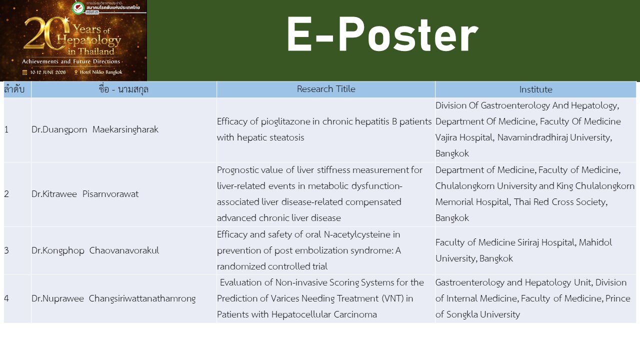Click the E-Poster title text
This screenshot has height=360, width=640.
pos(382,35)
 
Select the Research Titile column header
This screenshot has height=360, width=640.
pos(326,89)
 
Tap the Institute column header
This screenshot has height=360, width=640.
pos(535,89)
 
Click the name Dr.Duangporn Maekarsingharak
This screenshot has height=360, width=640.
pos(95,129)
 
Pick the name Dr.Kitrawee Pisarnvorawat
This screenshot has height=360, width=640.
pos(85,194)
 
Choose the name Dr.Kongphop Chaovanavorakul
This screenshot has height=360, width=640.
pos(95,250)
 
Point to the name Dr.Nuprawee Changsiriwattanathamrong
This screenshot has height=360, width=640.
pos(113,298)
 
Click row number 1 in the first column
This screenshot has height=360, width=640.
pos(6,129)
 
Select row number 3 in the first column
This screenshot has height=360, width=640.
pos(6,250)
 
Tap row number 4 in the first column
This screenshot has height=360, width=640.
pos(6,298)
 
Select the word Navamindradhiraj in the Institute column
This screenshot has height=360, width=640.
pos(532,137)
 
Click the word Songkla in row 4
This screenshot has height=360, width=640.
pos(462,314)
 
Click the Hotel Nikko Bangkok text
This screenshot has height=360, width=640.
pos(101,72)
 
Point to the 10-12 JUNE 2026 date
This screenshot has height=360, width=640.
pos(47,72)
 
